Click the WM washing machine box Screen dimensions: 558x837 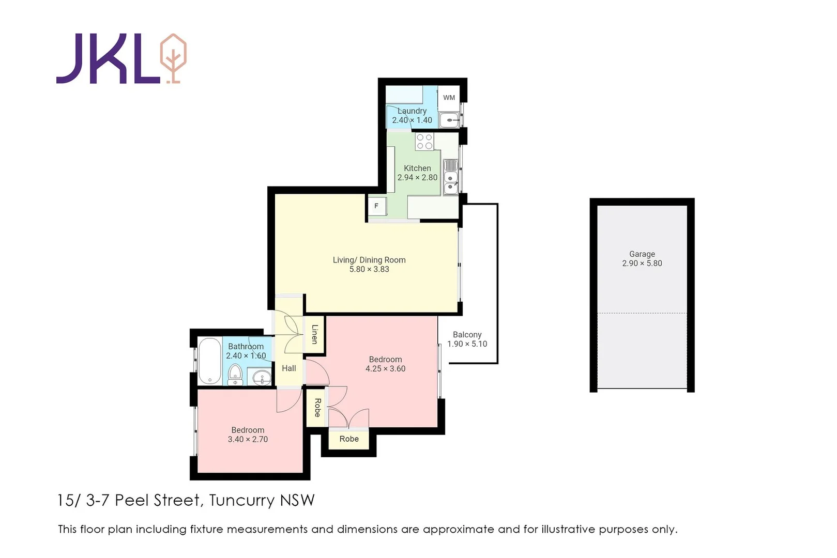point(449,98)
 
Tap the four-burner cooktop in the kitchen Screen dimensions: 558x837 point(424,142)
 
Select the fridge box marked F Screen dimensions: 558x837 point(376,206)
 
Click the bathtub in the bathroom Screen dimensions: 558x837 point(209,361)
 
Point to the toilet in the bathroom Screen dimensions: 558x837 point(235,375)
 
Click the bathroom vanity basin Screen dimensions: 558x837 point(261,378)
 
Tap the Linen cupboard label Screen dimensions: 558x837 point(314,334)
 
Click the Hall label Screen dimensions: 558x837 point(288,368)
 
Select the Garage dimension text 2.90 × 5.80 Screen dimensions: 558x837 point(642,263)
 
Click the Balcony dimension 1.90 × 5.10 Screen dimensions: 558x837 point(467,344)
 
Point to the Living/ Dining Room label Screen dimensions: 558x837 point(369,260)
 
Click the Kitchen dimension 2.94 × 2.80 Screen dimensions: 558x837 point(417,178)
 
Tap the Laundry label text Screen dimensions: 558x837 point(412,111)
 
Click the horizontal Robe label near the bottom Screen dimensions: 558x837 point(349,439)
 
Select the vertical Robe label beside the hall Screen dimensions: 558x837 point(317,408)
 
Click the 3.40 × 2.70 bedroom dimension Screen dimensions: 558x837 point(248,440)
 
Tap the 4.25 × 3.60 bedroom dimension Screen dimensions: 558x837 point(385,369)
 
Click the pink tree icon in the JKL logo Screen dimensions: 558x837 point(173,57)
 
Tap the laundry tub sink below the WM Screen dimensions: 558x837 point(449,120)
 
